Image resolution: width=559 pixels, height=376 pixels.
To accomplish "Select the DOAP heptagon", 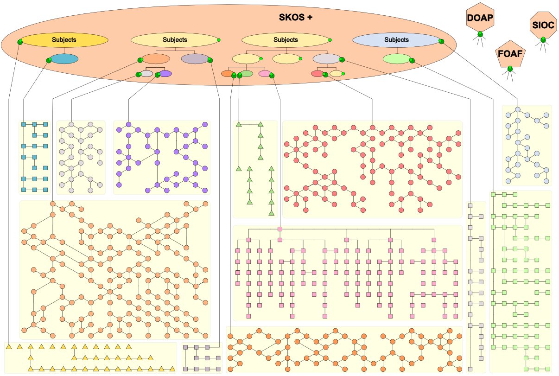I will click(x=480, y=18).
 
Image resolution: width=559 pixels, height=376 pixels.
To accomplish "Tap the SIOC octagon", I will click(x=543, y=26).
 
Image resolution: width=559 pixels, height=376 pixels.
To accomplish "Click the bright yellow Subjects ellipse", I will click(x=64, y=40).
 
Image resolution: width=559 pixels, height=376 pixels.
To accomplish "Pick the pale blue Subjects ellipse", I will click(x=396, y=40).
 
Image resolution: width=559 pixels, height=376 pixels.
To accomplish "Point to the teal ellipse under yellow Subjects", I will click(x=64, y=59).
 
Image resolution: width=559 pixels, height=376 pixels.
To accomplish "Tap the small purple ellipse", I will click(x=165, y=73).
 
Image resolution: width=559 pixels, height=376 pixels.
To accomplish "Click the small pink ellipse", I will click(x=265, y=73).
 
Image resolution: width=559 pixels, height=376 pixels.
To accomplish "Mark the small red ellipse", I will click(x=318, y=73).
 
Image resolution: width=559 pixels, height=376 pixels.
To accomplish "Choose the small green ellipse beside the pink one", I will click(x=246, y=73).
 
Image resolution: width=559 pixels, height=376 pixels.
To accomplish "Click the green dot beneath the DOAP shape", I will click(x=480, y=34).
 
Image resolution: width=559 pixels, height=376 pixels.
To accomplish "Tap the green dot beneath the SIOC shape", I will click(x=543, y=40).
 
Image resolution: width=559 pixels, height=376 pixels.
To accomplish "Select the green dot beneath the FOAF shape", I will click(x=510, y=69).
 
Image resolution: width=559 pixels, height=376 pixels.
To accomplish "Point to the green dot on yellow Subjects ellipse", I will click(x=20, y=42).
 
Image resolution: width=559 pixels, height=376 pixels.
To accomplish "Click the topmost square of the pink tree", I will click(x=280, y=229).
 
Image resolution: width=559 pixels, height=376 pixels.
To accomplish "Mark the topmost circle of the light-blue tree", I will click(x=519, y=109).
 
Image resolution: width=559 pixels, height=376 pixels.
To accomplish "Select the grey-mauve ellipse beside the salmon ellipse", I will click(x=195, y=59).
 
